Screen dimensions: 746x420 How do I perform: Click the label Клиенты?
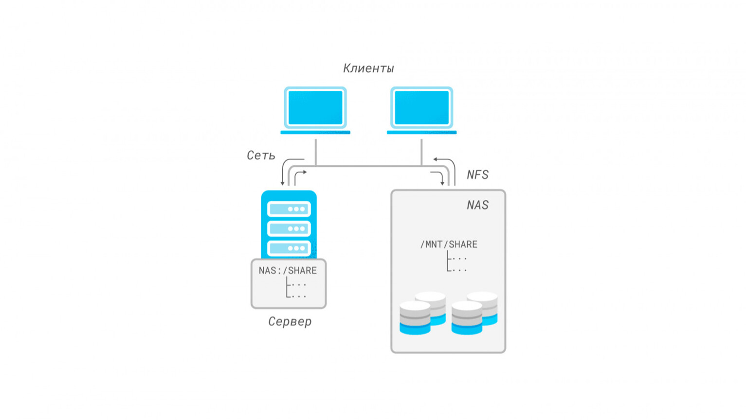[368, 68]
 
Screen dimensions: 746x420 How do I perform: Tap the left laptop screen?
[315, 107]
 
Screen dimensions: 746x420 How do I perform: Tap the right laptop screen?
[421, 107]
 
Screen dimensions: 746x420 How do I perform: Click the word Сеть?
[261, 156]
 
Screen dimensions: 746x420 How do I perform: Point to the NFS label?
[477, 175]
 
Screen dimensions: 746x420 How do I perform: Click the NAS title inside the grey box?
[477, 205]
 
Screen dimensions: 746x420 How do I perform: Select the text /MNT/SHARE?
[449, 245]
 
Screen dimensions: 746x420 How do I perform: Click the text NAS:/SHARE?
[288, 271]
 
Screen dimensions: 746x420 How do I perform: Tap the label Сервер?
[290, 321]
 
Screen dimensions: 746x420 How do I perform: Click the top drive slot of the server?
[289, 209]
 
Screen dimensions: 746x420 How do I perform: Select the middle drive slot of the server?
[289, 228]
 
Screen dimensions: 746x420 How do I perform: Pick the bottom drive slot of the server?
[289, 248]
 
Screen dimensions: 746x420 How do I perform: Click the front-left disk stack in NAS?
[415, 318]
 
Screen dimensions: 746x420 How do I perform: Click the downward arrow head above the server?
[282, 183]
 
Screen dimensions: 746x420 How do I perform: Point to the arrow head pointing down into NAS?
[442, 183]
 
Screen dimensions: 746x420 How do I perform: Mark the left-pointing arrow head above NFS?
[435, 159]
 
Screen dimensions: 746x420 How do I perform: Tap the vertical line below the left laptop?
[316, 152]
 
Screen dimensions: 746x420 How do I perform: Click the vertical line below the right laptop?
[421, 152]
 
